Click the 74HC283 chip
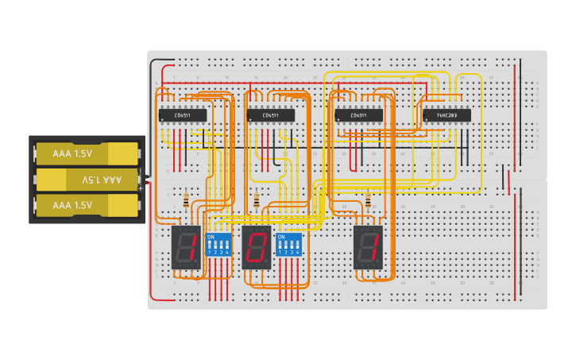(x=446, y=115)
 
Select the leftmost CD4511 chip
(x=183, y=115)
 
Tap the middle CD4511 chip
(x=271, y=115)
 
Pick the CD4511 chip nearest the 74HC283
(x=358, y=115)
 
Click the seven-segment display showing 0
(x=257, y=247)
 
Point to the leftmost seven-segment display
(x=186, y=247)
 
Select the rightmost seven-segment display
(x=368, y=247)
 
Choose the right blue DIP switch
(x=288, y=244)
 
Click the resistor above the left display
(x=186, y=200)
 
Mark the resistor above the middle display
(x=256, y=200)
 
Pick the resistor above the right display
(x=368, y=200)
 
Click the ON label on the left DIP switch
(x=211, y=237)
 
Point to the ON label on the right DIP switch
(x=280, y=237)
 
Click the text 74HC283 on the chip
(x=446, y=115)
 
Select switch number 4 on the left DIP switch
(x=227, y=246)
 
